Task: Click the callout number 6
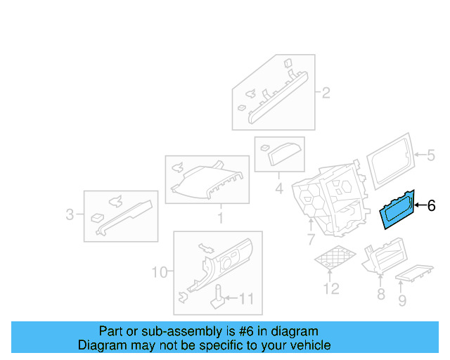point(432,206)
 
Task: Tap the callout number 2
point(326,93)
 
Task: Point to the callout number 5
point(432,155)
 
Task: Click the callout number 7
point(311,240)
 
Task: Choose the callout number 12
point(331,288)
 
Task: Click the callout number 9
point(402,301)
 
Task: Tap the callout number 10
point(159,271)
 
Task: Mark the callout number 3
point(70,214)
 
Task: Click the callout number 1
point(219,219)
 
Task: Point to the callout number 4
point(279,188)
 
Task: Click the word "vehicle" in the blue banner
point(310,345)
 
